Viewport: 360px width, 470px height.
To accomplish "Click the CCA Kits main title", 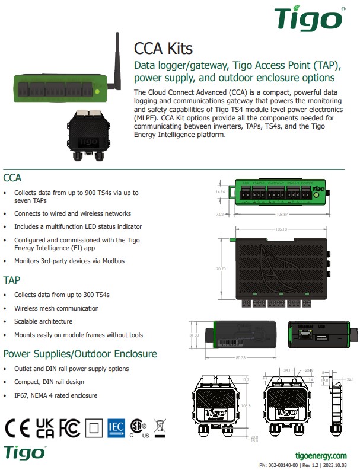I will coord(163,49).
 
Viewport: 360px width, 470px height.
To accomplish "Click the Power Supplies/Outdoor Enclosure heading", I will coord(80,354).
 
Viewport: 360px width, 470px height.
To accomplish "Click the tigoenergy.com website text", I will coord(321,455).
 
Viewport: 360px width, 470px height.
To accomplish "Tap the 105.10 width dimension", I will coord(281,229).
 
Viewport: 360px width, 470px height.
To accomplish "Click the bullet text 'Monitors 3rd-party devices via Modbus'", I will coord(69,261).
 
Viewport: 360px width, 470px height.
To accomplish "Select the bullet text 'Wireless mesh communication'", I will coord(56,308).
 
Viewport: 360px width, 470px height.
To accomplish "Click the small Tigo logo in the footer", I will coord(24,452).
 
